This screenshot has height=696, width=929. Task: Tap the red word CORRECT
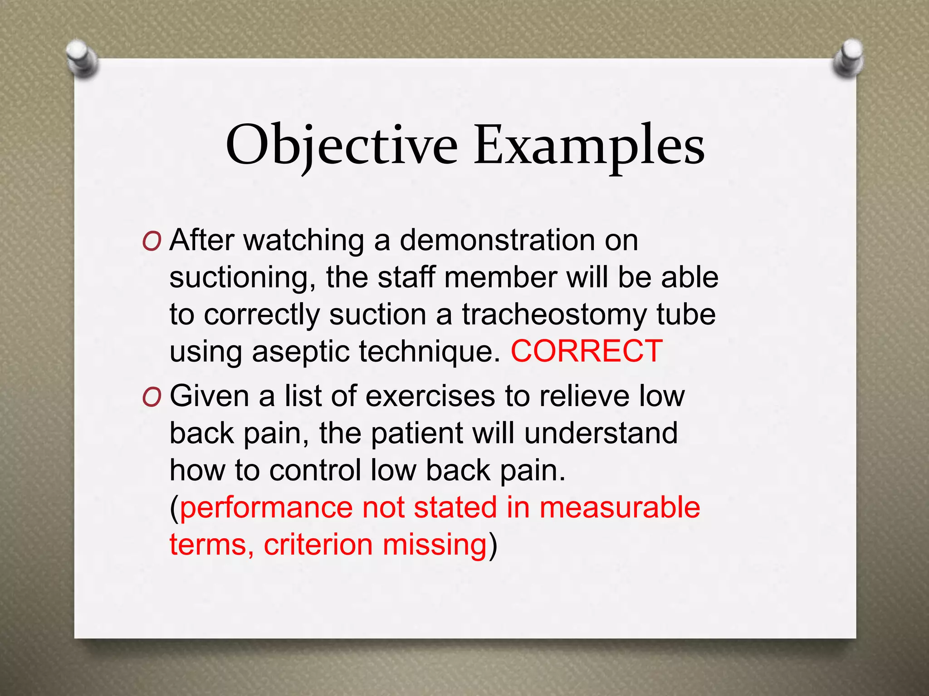coord(586,351)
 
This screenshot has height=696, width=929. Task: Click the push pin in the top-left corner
coord(82,59)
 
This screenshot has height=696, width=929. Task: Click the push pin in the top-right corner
coord(848,59)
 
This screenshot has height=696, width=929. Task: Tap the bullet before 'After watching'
coord(152,242)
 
